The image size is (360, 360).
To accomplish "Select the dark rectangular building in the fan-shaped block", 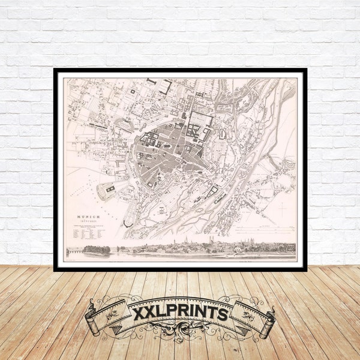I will (x=110, y=190).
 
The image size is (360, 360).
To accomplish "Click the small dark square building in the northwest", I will (x=132, y=91).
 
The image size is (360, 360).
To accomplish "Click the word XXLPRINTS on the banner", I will (x=181, y=313).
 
